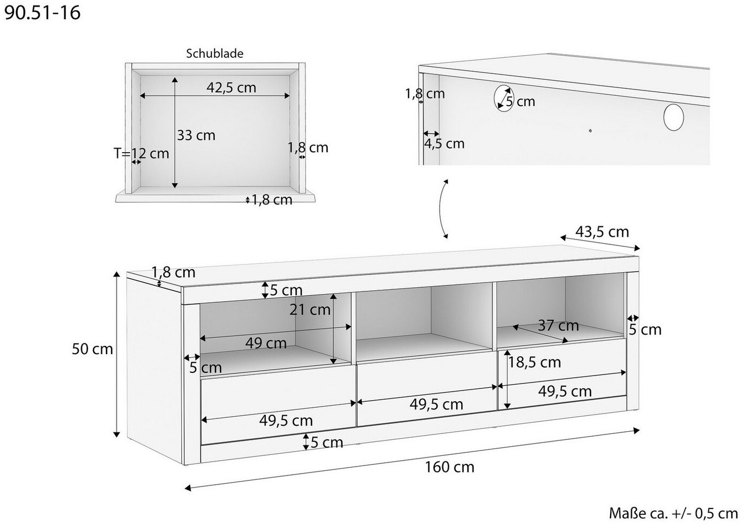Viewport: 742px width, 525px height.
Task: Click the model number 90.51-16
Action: click(42, 13)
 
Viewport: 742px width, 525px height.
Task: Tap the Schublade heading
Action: click(214, 54)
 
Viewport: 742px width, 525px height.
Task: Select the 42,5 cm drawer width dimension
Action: click(231, 88)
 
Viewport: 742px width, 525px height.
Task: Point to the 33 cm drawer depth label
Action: click(196, 136)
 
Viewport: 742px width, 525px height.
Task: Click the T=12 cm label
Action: click(142, 154)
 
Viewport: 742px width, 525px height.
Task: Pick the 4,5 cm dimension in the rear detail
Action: click(444, 144)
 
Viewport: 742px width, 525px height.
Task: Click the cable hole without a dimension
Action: click(673, 117)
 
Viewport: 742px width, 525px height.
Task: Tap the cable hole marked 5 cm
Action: click(503, 97)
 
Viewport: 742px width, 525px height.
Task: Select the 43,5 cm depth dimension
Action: click(602, 232)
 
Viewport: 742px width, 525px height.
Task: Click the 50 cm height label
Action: click(92, 349)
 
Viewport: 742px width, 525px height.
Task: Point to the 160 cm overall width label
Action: click(449, 467)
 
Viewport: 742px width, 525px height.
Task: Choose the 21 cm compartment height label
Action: click(310, 310)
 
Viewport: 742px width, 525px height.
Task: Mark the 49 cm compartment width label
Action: click(266, 343)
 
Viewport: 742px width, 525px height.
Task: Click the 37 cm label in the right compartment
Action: click(558, 325)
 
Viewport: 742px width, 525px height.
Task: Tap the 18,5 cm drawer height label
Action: click(535, 363)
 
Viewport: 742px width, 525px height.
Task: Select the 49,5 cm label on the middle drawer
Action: click(436, 404)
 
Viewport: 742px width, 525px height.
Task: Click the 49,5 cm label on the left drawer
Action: click(286, 421)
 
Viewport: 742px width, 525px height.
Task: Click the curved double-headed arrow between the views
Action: click(441, 208)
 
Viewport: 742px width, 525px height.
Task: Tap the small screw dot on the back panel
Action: click(590, 131)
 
